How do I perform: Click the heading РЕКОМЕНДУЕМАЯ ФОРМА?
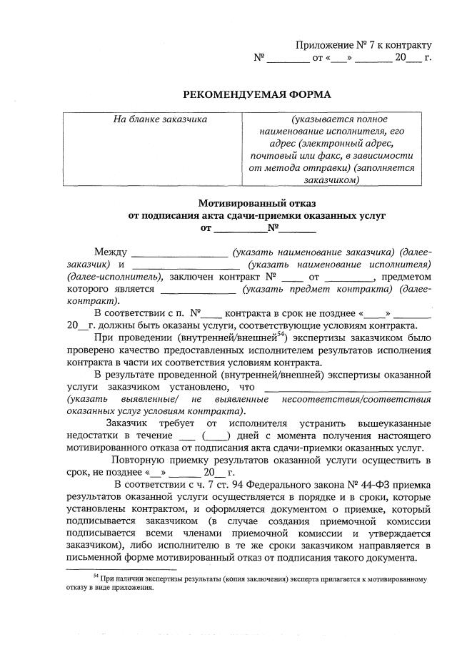coord(258,94)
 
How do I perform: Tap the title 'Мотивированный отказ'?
coord(257,202)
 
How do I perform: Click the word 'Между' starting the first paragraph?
coord(111,252)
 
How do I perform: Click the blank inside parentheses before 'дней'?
coord(216,435)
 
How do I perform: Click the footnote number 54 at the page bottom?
coord(96,576)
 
